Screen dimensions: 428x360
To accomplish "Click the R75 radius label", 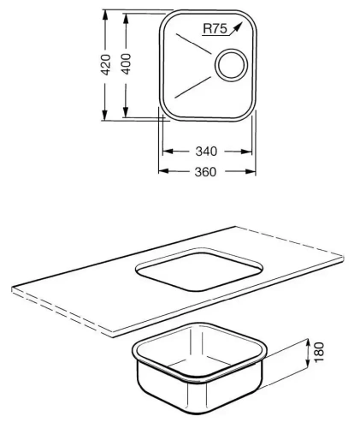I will point(214,29).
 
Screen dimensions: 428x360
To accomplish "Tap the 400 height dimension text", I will point(126,65).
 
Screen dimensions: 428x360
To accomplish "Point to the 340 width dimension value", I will point(205,152).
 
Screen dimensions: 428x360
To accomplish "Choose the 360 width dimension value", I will point(205,170).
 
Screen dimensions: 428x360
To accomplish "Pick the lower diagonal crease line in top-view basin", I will point(192,86).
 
